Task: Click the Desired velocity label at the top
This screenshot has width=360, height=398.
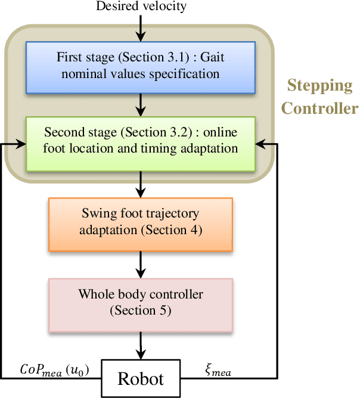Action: click(141, 7)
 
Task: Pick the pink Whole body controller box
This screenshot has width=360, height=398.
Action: click(140, 302)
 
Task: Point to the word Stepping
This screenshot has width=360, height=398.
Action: click(319, 85)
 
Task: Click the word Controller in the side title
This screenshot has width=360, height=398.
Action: click(319, 108)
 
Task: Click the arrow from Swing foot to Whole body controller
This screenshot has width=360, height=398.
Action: click(140, 263)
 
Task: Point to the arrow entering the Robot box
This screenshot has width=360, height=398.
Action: click(140, 344)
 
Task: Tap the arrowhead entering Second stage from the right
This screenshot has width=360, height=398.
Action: click(261, 144)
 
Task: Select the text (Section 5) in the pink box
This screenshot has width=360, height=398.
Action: click(140, 310)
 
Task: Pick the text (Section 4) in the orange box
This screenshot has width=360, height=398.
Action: click(170, 229)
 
